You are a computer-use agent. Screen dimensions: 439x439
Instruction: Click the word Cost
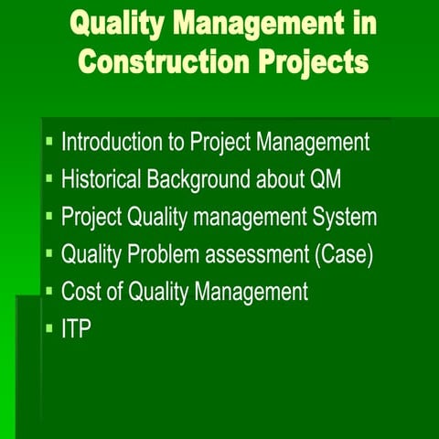80,292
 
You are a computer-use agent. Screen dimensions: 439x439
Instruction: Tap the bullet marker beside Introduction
49,143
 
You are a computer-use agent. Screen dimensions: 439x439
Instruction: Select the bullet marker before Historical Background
49,180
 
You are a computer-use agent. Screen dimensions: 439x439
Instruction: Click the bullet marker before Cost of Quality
49,292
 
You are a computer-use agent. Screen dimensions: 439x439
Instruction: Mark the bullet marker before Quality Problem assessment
49,254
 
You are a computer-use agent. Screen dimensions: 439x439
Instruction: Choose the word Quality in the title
120,25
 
